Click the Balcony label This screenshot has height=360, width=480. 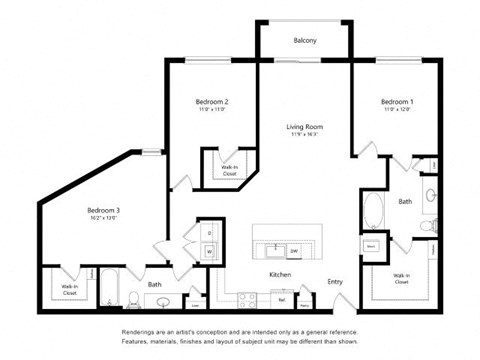[x=305, y=41]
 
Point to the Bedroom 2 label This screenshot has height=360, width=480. [x=212, y=103]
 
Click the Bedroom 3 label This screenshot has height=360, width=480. [x=103, y=211]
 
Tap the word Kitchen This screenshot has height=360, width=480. [x=279, y=274]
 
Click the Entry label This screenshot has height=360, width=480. [x=335, y=282]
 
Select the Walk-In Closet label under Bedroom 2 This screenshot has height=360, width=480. [x=228, y=169]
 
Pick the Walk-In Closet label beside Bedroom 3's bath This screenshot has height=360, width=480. [x=70, y=289]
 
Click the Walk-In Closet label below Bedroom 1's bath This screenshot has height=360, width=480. [x=402, y=278]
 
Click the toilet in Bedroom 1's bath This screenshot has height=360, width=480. [x=426, y=227]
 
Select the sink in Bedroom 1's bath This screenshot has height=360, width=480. [x=429, y=196]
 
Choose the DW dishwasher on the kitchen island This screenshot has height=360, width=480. [x=295, y=251]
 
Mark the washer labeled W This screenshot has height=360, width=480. [x=210, y=251]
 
